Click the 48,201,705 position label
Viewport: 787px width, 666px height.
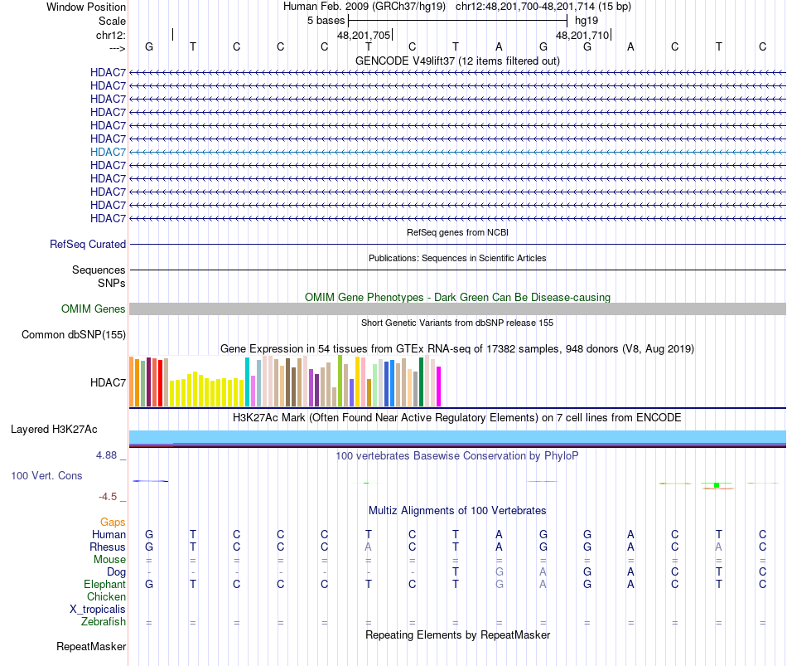pyautogui.click(x=363, y=36)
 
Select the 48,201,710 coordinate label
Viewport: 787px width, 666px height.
pyautogui.click(x=582, y=36)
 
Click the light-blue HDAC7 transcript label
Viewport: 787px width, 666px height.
pyautogui.click(x=108, y=152)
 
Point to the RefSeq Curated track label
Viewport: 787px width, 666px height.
pyautogui.click(x=88, y=245)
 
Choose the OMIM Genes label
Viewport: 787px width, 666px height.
pyautogui.click(x=94, y=309)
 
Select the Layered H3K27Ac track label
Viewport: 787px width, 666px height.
pyautogui.click(x=54, y=430)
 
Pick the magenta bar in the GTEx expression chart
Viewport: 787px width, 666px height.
pyautogui.click(x=439, y=386)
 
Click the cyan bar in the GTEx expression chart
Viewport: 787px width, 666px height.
pyautogui.click(x=248, y=382)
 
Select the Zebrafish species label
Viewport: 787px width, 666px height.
pyautogui.click(x=104, y=622)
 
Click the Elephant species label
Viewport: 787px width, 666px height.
pyautogui.click(x=104, y=585)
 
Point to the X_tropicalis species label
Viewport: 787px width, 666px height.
pyautogui.click(x=98, y=610)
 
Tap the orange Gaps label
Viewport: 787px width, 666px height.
pyautogui.click(x=113, y=522)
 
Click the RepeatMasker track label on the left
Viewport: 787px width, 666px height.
pyautogui.click(x=91, y=646)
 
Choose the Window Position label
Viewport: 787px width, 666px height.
pyautogui.click(x=86, y=7)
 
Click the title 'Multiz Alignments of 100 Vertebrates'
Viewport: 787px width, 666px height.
pyautogui.click(x=457, y=510)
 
